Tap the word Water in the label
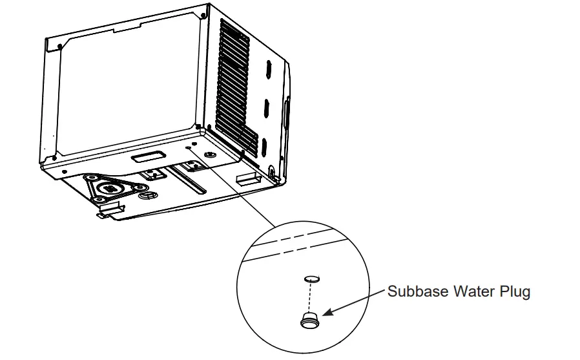coord(474,291)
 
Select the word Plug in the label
coord(515,291)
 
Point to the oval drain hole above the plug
coord(311,278)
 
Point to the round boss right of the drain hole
coord(209,154)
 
